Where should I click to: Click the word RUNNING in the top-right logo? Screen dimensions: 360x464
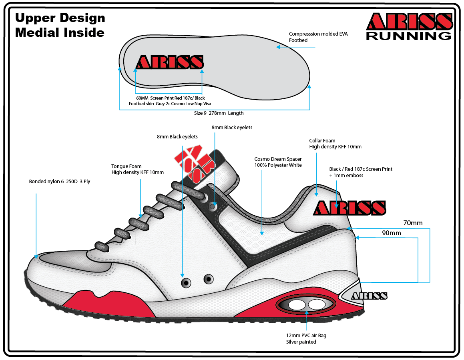(409, 36)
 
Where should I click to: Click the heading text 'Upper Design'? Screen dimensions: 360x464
(60, 18)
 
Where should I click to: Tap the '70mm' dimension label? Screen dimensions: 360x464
(412, 223)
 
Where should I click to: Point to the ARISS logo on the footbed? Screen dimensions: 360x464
(170, 62)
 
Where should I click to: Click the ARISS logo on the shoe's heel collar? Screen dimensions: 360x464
(350, 208)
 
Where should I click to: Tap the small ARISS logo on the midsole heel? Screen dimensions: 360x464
(369, 296)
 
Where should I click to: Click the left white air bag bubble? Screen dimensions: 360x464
(297, 304)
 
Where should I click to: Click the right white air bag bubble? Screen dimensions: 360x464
(316, 304)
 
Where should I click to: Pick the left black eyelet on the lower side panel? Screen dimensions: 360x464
(186, 283)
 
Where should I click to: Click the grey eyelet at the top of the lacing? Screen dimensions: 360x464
(213, 207)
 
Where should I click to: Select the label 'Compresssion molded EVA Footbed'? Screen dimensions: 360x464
(318, 37)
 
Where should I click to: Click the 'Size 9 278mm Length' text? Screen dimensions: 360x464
(219, 113)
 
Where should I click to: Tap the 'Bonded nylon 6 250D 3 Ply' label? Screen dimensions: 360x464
(60, 182)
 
